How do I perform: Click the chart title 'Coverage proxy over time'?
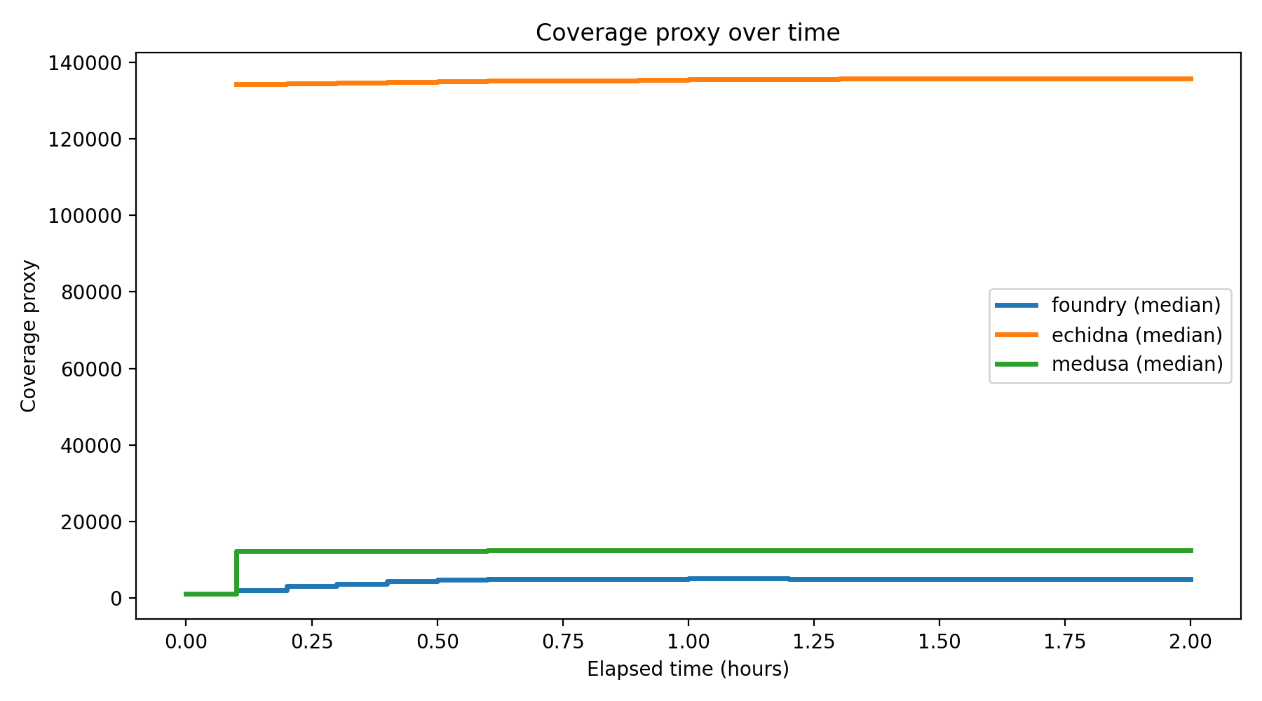point(687,33)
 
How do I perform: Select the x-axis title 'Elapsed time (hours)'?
point(688,669)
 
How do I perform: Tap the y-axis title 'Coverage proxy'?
point(29,336)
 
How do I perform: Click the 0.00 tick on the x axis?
point(186,641)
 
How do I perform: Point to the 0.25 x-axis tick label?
point(311,641)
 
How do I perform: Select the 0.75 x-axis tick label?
point(562,641)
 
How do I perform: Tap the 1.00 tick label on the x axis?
point(688,641)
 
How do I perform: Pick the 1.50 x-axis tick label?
point(939,641)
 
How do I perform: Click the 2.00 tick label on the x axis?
point(1190,641)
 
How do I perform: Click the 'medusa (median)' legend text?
point(1137,365)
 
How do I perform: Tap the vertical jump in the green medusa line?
point(236,573)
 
